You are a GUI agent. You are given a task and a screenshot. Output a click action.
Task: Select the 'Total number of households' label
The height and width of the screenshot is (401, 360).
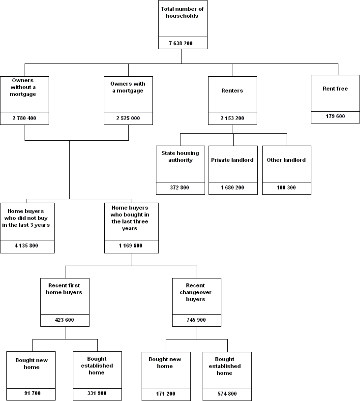click(x=181, y=12)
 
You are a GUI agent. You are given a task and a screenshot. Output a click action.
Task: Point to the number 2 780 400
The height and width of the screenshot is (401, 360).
click(x=25, y=119)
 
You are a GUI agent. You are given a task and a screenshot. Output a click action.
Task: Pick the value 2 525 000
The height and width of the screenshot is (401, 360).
click(x=128, y=119)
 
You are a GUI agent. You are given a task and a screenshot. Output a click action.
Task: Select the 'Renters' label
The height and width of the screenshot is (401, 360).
click(x=232, y=91)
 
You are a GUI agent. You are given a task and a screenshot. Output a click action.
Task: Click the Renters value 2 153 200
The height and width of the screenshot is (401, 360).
click(x=232, y=119)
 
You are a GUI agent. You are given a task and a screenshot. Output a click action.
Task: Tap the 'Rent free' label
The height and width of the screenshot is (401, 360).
click(x=335, y=89)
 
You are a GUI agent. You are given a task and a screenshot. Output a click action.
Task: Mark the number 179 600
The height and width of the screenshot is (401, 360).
click(x=335, y=117)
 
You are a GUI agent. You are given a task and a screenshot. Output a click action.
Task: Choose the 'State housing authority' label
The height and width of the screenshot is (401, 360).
click(x=180, y=156)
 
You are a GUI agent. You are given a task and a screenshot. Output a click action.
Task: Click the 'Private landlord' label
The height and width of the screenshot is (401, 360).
click(x=233, y=160)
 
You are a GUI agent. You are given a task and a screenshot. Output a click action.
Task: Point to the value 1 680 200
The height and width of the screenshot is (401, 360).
click(x=233, y=188)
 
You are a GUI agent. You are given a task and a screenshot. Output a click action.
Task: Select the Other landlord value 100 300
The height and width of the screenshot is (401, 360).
click(x=286, y=188)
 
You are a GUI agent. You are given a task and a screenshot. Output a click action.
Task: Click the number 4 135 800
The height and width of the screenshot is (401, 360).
click(x=27, y=246)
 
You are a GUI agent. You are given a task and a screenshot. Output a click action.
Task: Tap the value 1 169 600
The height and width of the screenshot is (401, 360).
click(x=131, y=246)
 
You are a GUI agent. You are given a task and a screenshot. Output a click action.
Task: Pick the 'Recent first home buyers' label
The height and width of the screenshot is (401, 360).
click(x=64, y=289)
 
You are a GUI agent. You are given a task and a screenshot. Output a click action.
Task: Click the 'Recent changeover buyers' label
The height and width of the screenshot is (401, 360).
click(x=196, y=292)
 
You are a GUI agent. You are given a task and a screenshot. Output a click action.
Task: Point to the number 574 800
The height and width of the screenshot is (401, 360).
click(x=227, y=394)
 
